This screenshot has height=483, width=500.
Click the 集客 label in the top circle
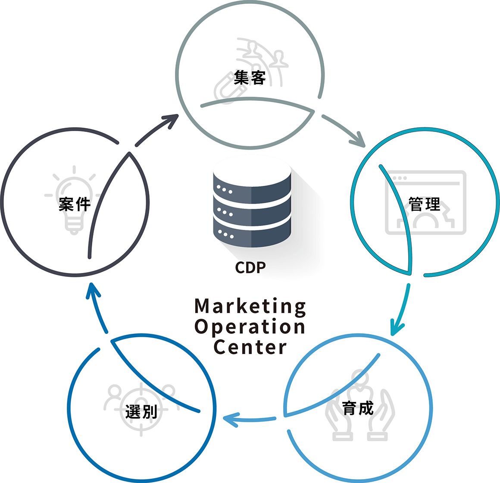pos(250,78)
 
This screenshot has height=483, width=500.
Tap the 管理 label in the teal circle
pos(425,204)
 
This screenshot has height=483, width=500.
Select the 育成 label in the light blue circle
pos(357,408)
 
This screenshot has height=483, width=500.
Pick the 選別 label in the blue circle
pos(141,411)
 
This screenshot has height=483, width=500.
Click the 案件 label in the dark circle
pos(75,204)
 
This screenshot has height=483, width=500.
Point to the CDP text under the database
pos(250,268)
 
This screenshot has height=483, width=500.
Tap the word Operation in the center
pos(250,327)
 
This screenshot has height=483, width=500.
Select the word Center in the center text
pos(250,347)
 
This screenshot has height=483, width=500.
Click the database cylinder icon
pos(252,203)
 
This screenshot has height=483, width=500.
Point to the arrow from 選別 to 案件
pos(97,307)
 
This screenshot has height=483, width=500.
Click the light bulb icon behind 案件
pos(74,201)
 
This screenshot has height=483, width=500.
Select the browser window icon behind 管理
pos(426,203)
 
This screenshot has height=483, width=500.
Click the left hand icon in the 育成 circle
pos(338,415)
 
